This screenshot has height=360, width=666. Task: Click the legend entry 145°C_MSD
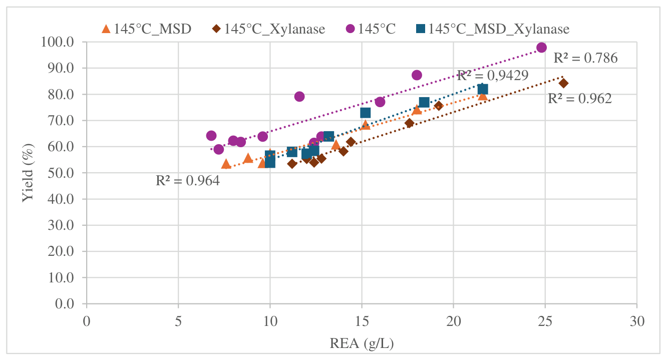point(147,29)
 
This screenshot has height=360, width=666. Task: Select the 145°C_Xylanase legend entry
point(269,29)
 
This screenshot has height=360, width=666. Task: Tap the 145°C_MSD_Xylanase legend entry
point(493,29)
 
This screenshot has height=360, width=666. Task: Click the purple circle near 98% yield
point(541,47)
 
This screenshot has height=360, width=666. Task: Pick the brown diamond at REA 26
point(563,83)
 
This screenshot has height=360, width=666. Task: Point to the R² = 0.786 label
point(585,58)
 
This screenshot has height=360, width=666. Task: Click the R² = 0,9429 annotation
point(493,76)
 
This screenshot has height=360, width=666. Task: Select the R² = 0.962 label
point(580,99)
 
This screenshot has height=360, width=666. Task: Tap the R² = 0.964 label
point(188,181)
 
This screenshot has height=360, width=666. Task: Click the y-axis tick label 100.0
point(58,42)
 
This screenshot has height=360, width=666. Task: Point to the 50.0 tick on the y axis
point(61,173)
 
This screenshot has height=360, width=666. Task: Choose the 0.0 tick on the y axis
point(64,303)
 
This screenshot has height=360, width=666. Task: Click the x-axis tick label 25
point(545,321)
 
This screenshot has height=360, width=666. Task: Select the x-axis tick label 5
point(178,321)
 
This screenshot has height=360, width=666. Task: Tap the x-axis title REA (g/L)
point(362,343)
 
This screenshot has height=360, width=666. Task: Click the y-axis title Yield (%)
point(28,173)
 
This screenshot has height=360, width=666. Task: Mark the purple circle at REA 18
point(417,75)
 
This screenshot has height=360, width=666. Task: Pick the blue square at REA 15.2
point(365,113)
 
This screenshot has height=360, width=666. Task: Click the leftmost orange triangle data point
point(226,164)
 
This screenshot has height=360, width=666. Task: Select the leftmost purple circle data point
point(211,136)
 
